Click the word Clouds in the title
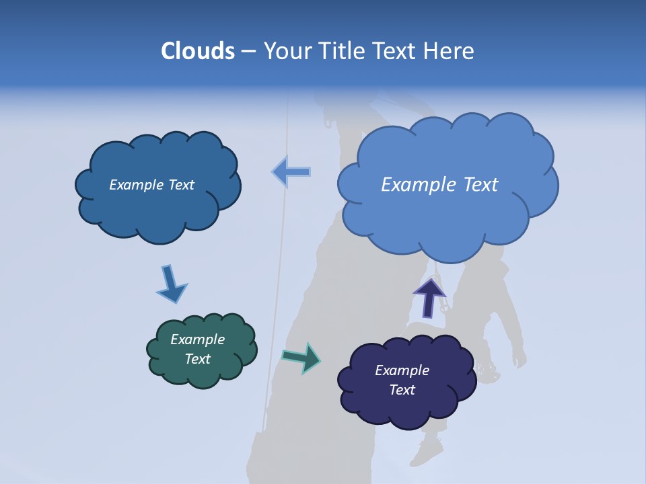(x=198, y=51)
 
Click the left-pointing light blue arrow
(x=291, y=172)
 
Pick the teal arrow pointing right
(x=301, y=357)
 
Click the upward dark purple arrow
(x=429, y=297)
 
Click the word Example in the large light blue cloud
(x=420, y=184)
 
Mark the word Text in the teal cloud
(x=198, y=359)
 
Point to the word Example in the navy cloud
(x=402, y=370)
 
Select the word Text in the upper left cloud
(x=180, y=185)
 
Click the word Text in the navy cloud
(x=402, y=390)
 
